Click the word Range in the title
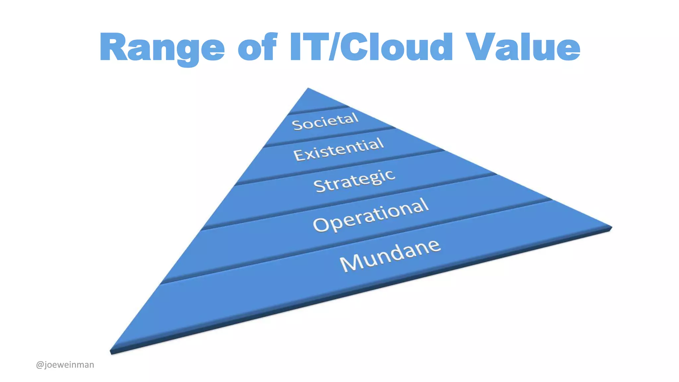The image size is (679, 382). click(x=162, y=47)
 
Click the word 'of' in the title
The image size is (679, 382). click(x=257, y=47)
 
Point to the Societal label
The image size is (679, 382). click(x=325, y=121)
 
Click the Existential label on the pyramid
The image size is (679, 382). click(x=339, y=150)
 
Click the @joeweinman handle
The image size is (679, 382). click(x=65, y=365)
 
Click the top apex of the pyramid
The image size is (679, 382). click(x=308, y=89)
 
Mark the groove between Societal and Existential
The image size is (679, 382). click(x=332, y=137)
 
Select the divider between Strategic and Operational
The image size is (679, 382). click(x=348, y=202)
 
